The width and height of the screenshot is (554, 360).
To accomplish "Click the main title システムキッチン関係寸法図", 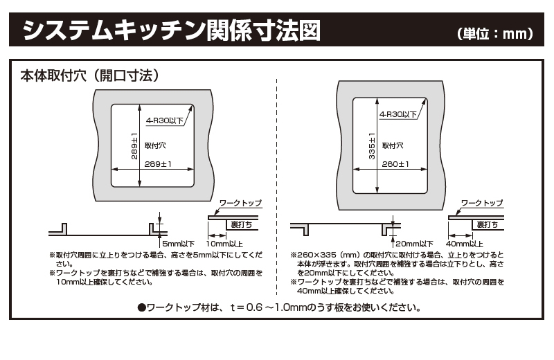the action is [x=171, y=30].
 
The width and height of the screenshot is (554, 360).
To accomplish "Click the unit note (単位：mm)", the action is [x=495, y=33].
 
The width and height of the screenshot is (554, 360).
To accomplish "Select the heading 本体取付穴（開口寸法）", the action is [x=90, y=75].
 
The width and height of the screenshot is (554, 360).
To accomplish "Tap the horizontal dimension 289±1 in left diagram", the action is [x=158, y=164].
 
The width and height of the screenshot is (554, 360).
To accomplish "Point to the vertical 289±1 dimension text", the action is [x=134, y=146].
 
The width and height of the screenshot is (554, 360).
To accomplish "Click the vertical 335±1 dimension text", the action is [x=372, y=146].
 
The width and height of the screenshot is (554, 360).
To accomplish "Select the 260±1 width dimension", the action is [x=395, y=164].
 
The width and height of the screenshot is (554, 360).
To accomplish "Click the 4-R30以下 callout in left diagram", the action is [x=165, y=120].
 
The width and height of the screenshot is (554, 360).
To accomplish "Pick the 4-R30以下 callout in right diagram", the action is [x=398, y=114].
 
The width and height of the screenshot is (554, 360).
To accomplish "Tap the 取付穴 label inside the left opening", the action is [x=155, y=145].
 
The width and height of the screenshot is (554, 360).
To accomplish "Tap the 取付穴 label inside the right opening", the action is [x=393, y=145].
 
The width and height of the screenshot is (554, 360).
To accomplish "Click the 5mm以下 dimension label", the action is [x=179, y=244].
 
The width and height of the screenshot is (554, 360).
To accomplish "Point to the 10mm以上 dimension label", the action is [x=224, y=244].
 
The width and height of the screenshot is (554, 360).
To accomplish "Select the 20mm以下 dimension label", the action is [x=414, y=244].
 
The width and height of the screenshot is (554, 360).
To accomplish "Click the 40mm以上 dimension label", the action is [x=464, y=244].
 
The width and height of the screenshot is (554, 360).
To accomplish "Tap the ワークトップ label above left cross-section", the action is [x=240, y=203].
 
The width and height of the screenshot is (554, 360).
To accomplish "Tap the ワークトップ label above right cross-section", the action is [x=482, y=203].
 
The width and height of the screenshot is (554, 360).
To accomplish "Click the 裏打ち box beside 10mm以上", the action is [x=242, y=225].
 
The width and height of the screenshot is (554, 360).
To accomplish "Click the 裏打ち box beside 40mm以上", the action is [x=488, y=225].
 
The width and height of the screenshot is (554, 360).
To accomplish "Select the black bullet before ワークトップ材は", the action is [x=142, y=307].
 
